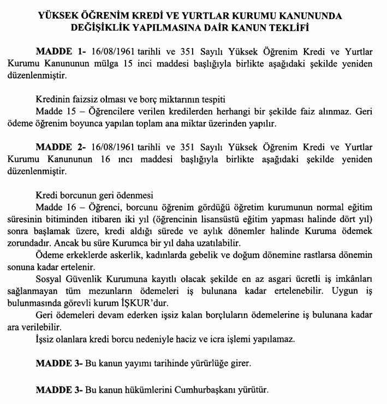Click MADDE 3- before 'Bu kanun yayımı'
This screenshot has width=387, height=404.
59,363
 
